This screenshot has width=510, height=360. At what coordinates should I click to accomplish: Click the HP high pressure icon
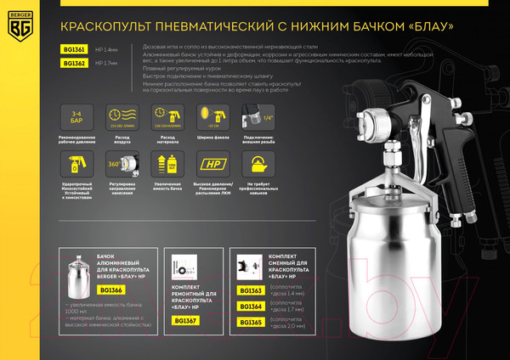(x=212, y=162)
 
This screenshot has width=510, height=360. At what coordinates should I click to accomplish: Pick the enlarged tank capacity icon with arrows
(x=167, y=162)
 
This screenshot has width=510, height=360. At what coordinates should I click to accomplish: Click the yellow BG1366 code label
(x=110, y=290)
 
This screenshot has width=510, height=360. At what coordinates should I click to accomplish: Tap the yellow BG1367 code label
(x=184, y=320)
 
